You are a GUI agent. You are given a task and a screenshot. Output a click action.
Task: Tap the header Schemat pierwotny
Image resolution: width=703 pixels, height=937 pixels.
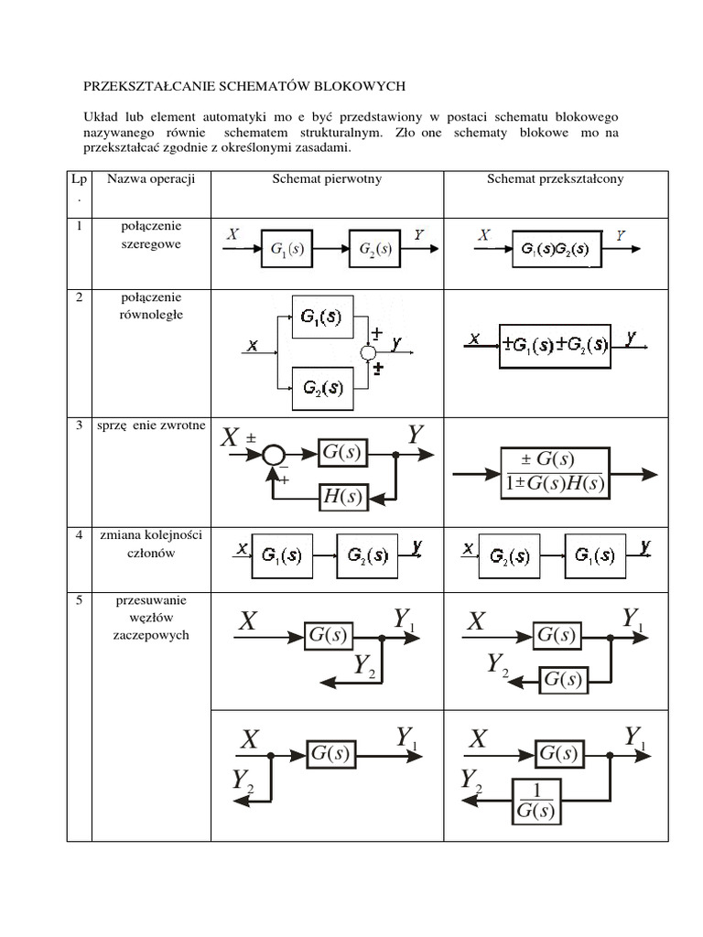point(327,178)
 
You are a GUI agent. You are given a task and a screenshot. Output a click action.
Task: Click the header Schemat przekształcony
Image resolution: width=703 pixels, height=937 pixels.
point(556,178)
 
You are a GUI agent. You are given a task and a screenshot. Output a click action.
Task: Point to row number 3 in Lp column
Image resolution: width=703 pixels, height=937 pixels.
point(79,425)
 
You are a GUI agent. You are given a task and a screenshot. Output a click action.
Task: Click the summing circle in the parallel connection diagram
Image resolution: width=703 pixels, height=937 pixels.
point(368,353)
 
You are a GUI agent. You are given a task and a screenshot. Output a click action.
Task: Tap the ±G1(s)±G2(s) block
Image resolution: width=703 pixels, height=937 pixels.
point(555,346)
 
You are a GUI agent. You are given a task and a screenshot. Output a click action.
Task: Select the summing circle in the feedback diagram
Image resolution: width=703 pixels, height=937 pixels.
point(273,454)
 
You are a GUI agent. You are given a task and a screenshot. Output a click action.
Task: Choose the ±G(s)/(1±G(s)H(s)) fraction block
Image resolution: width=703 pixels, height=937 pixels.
point(555,472)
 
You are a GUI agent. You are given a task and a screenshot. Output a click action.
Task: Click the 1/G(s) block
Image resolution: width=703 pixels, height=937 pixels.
point(536,801)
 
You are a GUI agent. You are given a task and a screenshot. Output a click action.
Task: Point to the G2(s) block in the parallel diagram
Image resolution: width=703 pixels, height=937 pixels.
point(322,388)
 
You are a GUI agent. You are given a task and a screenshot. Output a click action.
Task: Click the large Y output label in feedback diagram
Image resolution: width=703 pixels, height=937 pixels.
point(416,435)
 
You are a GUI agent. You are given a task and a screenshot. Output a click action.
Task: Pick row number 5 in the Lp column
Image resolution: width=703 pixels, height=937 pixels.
point(79,601)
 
